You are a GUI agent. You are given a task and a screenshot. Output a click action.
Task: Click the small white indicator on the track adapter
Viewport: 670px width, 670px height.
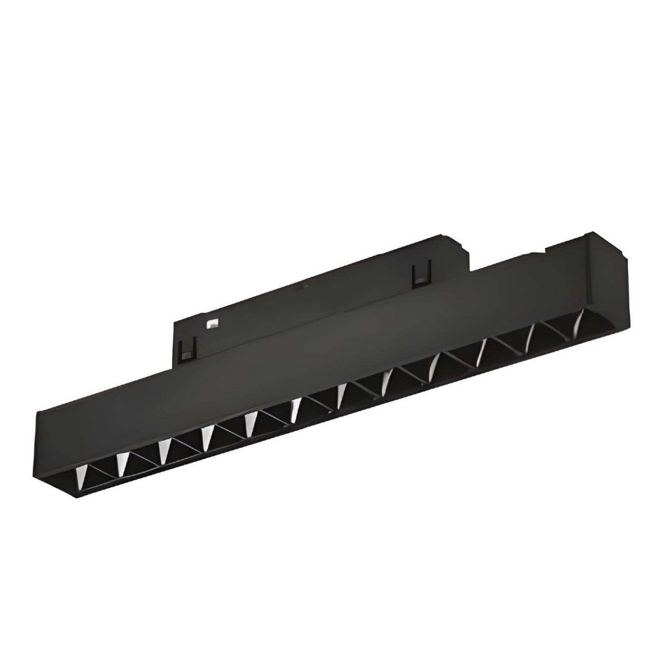211,323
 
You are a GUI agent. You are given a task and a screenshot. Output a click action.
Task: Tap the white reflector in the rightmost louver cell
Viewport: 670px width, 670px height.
579,321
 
